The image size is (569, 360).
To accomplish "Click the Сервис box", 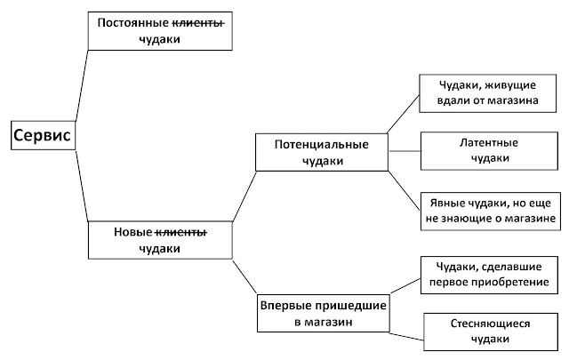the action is click(44, 135).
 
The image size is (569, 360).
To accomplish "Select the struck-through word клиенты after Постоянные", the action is click(198, 23).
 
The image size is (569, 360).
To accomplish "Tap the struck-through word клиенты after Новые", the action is click(181, 232).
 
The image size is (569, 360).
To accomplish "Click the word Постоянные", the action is click(133, 23).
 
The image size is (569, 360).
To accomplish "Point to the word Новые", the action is click(133, 232).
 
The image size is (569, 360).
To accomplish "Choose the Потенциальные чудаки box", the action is click(322, 152).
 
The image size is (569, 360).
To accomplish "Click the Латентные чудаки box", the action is click(489, 151).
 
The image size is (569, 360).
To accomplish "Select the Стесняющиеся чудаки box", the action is click(491, 332).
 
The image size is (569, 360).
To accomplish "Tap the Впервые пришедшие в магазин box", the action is click(324, 313).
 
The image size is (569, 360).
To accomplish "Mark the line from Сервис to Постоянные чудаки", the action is click(82, 85).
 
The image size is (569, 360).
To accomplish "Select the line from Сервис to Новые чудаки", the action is click(82, 186).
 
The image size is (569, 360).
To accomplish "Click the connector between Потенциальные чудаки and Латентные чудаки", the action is click(405, 151).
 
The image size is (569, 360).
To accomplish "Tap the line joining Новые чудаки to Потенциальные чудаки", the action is click(244, 196).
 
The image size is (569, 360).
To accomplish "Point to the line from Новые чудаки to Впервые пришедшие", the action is click(244, 276).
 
